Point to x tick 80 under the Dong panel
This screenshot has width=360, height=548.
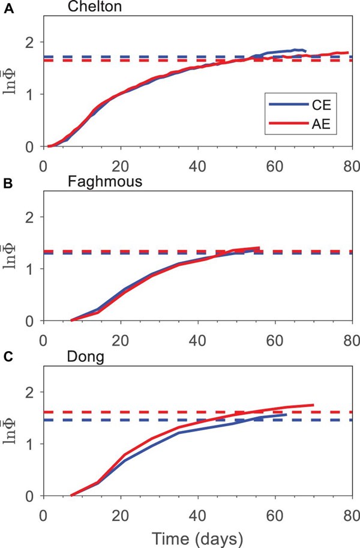coord(352,509)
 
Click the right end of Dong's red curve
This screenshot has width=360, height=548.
coord(313,405)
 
